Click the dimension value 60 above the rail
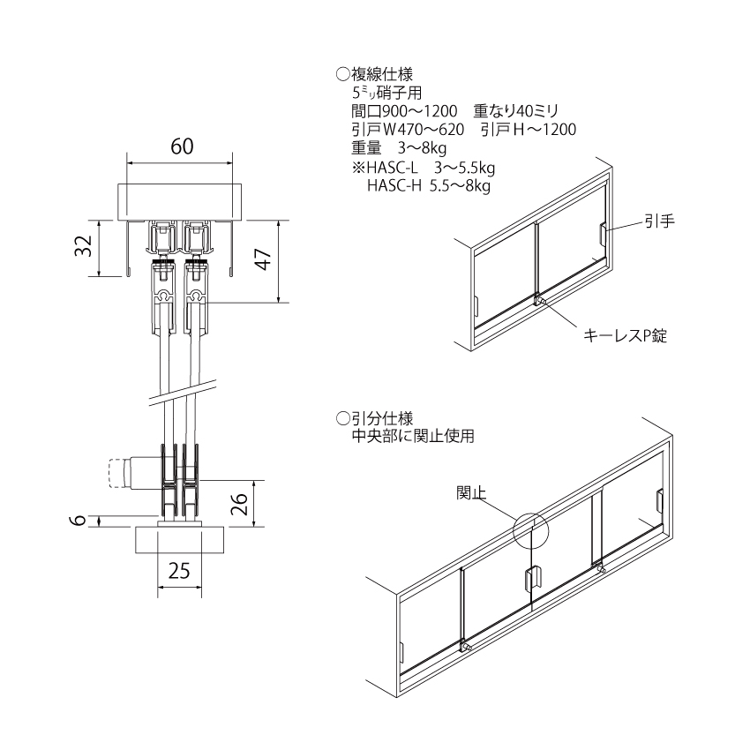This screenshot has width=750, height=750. coord(183,146)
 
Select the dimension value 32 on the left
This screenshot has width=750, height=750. coord(84,246)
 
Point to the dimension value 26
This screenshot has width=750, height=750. coord(240,504)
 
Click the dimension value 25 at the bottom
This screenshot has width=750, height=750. coord(179,571)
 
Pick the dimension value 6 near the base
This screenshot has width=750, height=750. coord(80,520)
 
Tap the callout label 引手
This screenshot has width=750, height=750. coord(660,221)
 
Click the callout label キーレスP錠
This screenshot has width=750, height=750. coord(626,335)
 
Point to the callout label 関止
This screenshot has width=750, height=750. coord(471,492)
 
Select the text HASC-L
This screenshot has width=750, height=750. coord(393,168)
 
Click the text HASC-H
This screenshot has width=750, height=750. coord(394,185)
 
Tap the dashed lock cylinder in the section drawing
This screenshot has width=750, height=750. coord(116,473)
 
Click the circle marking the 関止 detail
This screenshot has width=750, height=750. coord(531,531)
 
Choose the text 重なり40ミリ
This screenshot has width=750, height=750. coord(516,111)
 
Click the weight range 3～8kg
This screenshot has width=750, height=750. coord(423,148)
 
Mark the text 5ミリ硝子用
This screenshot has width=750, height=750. coord(386,92)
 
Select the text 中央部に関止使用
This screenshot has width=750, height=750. coord(413,436)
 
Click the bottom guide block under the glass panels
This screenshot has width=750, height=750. coord(179,540)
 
